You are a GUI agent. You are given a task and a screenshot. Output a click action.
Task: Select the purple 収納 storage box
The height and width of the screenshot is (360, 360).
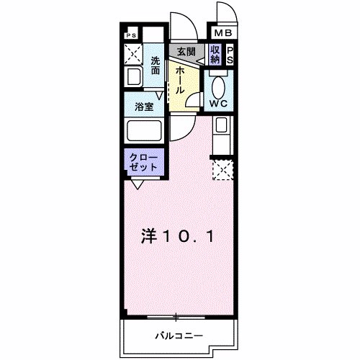coord(215,54)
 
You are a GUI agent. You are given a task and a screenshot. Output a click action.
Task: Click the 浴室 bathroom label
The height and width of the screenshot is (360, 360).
coord(145,108)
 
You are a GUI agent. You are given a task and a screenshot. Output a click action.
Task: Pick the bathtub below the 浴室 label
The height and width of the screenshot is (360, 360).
coord(144,132)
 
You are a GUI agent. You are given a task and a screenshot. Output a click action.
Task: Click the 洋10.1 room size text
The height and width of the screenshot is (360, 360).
coord(176,235)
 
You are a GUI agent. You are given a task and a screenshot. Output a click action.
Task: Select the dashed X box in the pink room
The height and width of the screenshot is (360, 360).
coord(222,170)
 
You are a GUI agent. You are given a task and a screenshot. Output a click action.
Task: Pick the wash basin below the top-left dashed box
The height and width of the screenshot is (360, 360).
coord(133,77)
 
